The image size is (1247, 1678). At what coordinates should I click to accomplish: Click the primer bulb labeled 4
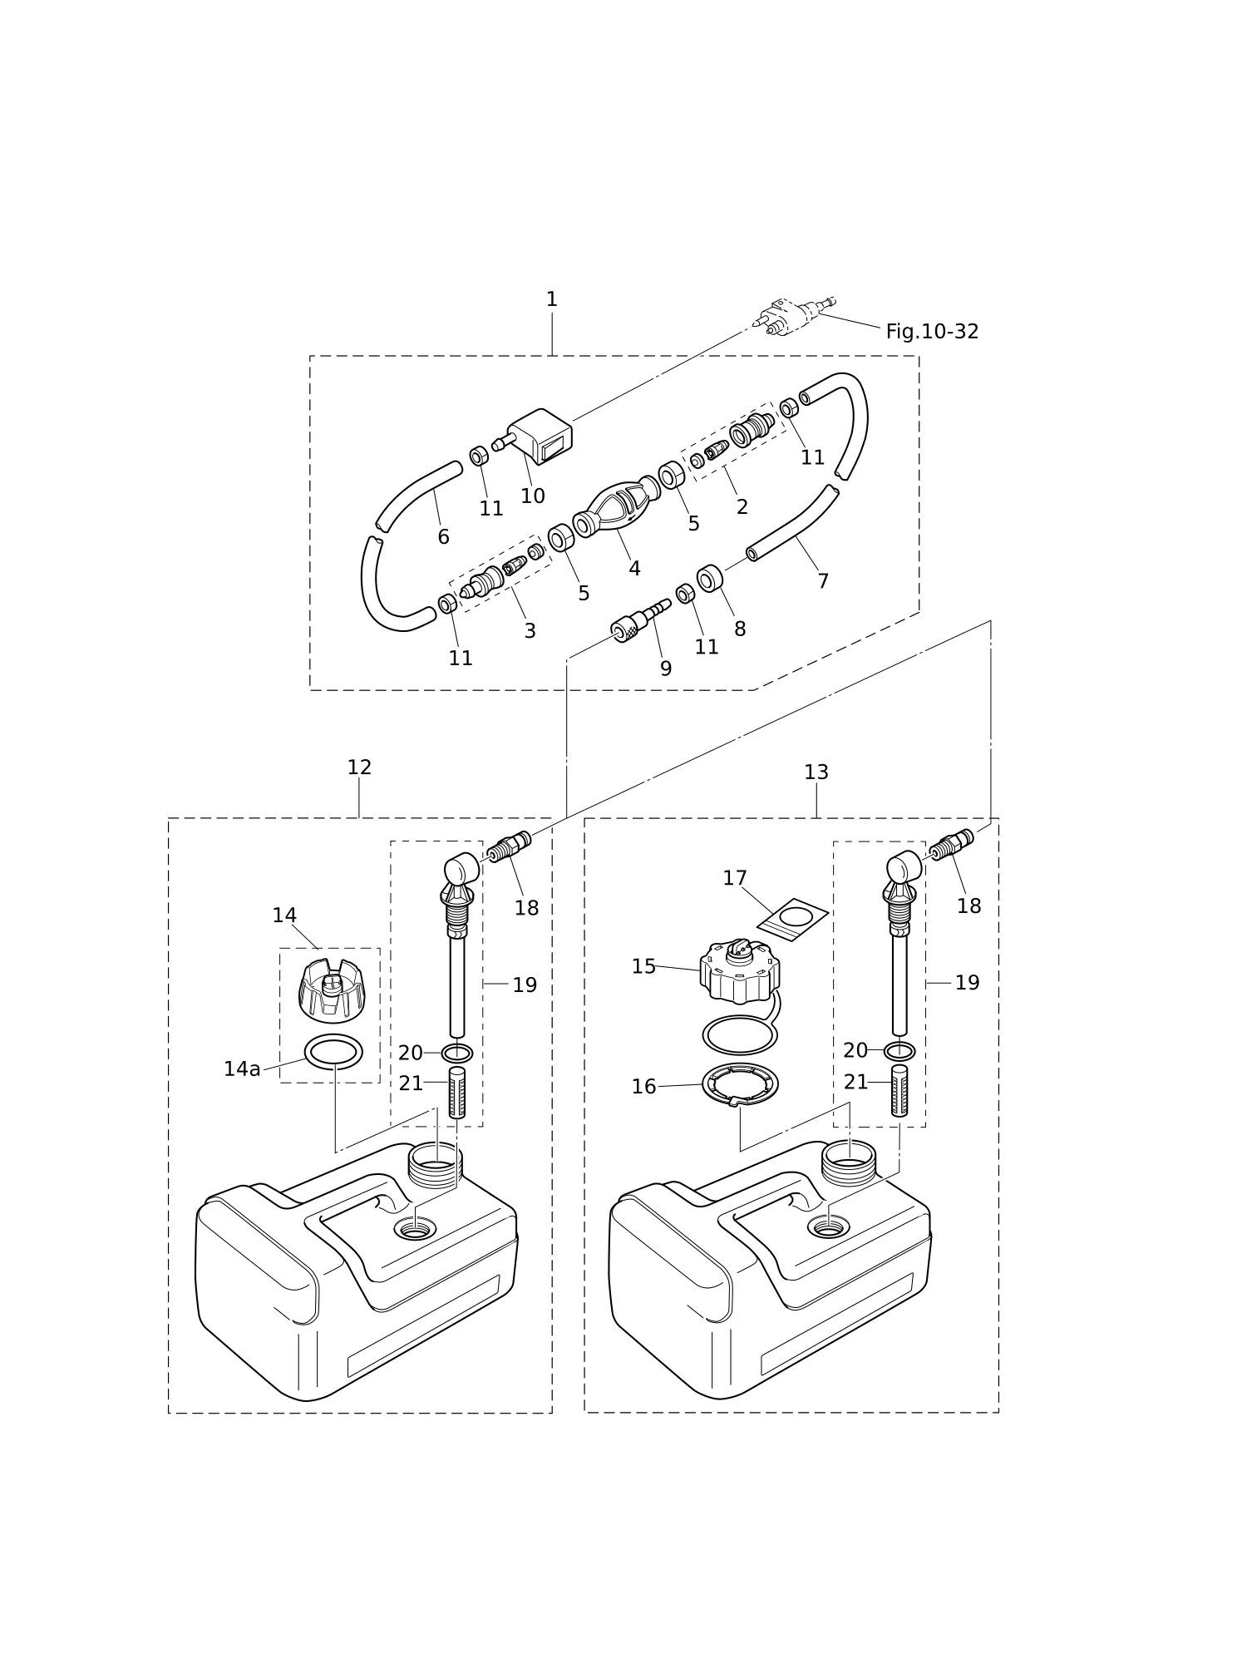pyautogui.click(x=616, y=506)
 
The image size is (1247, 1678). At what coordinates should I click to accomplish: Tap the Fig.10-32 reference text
pyautogui.click(x=932, y=332)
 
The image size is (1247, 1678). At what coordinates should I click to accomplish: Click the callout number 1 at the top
pyautogui.click(x=551, y=299)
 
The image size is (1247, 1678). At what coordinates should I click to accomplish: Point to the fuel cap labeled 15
pyautogui.click(x=739, y=971)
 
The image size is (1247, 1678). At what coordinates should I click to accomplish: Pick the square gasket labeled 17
pyautogui.click(x=792, y=920)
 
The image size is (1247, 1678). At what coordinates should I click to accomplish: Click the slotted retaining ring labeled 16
pyautogui.click(x=740, y=1085)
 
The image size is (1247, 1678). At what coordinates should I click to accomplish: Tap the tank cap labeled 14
pyautogui.click(x=332, y=990)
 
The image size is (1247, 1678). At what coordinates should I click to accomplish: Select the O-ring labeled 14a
pyautogui.click(x=333, y=1052)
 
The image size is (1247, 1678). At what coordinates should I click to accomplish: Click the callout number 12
pyautogui.click(x=359, y=767)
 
